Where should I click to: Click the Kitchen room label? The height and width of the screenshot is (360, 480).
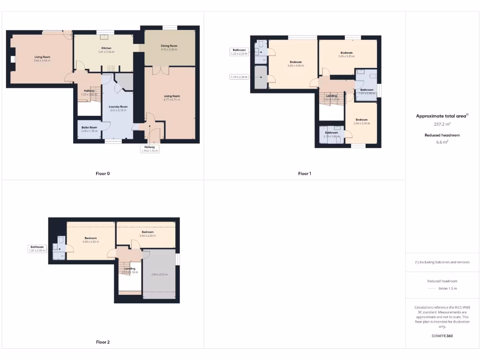pyautogui.click(x=106, y=48)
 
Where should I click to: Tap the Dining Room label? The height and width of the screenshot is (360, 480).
pyautogui.click(x=169, y=45)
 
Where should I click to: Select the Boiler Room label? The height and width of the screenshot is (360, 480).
pyautogui.click(x=89, y=127)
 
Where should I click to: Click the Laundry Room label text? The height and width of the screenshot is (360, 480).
pyautogui.click(x=118, y=106)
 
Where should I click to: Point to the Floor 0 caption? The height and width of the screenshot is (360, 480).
pyautogui.click(x=103, y=173)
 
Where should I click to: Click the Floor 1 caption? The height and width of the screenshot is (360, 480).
pyautogui.click(x=304, y=173)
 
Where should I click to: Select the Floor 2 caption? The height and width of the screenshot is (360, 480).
pyautogui.click(x=103, y=342)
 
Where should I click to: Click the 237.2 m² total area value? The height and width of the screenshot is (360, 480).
pyautogui.click(x=442, y=124)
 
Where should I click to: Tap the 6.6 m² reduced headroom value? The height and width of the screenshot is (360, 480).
pyautogui.click(x=442, y=142)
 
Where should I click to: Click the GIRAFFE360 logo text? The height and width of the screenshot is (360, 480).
pyautogui.click(x=442, y=336)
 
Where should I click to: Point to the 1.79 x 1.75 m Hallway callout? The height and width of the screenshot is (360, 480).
pyautogui.click(x=150, y=150)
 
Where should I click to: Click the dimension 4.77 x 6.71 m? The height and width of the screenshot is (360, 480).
pyautogui.click(x=172, y=99)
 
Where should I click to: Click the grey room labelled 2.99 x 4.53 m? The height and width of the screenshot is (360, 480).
pyautogui.click(x=159, y=274)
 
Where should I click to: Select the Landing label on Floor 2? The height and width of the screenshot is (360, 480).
pyautogui.click(x=130, y=269)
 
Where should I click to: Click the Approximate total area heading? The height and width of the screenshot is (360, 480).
pyautogui.click(x=442, y=116)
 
